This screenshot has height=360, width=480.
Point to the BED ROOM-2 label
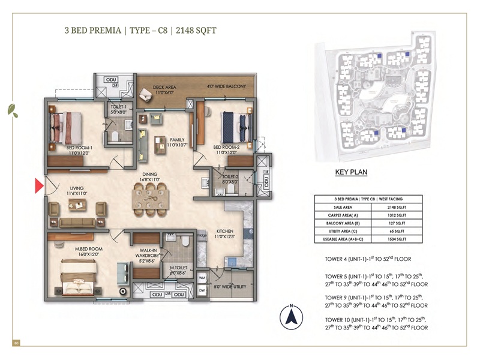tap(226, 147)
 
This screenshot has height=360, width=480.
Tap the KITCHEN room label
tap(225, 233)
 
